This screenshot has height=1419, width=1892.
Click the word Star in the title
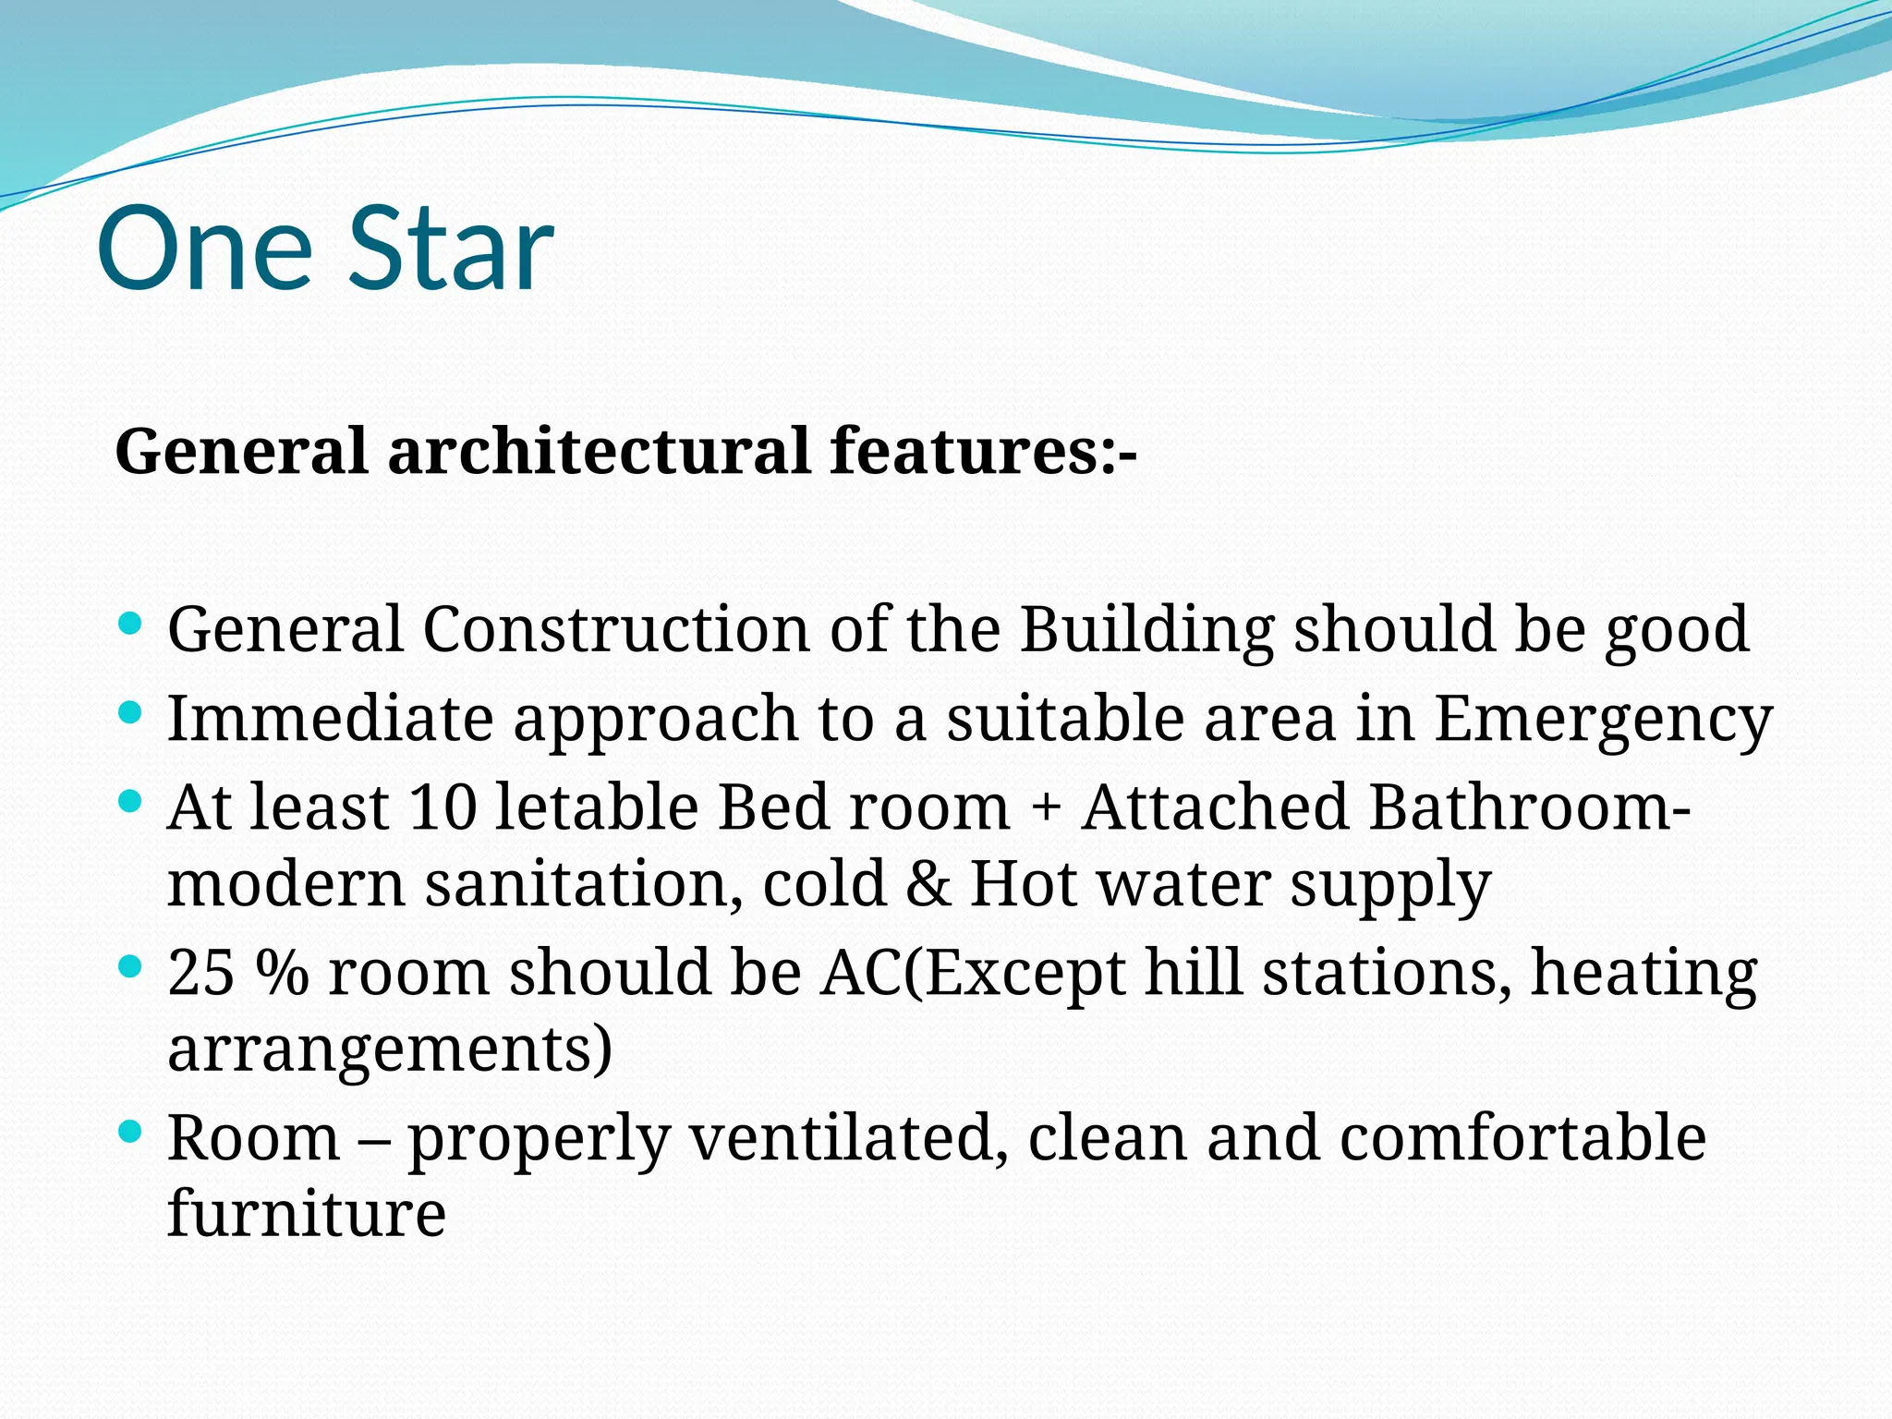[451, 249]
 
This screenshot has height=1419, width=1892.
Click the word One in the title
[205, 249]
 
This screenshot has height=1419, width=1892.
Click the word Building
[1146, 631]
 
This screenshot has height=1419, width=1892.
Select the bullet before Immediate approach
[130, 712]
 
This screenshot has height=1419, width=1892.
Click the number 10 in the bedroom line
[443, 807]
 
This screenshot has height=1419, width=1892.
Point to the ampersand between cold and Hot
[928, 884]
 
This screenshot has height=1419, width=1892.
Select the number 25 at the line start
[201, 973]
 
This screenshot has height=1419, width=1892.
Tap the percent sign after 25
[282, 973]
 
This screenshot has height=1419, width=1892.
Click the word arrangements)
[390, 1049]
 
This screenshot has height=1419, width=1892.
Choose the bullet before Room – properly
[130, 1131]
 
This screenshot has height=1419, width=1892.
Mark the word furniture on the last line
[307, 1213]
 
